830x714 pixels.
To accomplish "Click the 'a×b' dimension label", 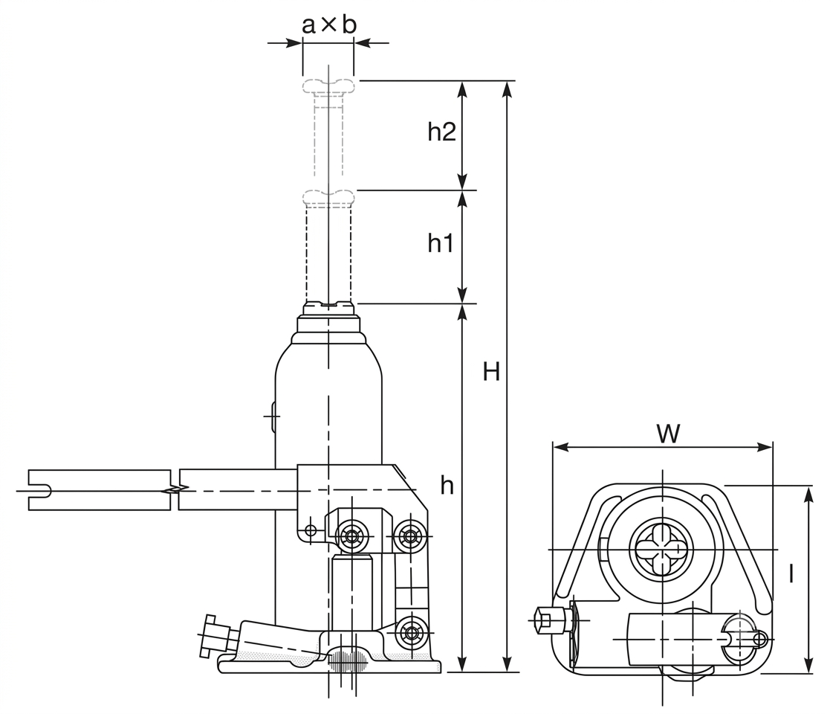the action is (328, 25).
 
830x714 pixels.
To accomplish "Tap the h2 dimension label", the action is (441, 132).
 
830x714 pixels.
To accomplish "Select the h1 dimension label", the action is (441, 243).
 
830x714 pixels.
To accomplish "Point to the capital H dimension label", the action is (491, 372).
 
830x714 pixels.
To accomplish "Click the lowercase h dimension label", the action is (447, 485).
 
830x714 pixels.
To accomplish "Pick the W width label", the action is (668, 434).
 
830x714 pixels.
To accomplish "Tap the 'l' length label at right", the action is (791, 573).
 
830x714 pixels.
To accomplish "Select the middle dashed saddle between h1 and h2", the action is (328, 197).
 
